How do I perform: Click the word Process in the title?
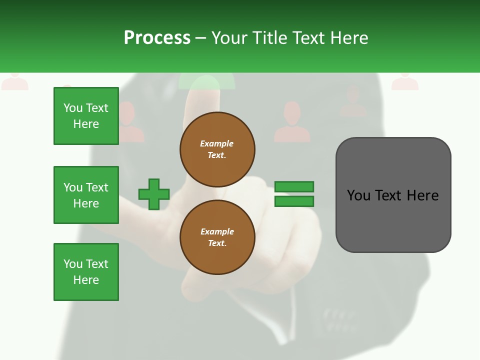(157, 38)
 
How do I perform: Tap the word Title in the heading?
(268, 38)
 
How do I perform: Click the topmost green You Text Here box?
(86, 116)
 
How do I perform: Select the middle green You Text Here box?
(86, 195)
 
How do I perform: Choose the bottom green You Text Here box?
(86, 272)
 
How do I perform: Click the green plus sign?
(154, 194)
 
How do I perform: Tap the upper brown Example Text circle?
(217, 149)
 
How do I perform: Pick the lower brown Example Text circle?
(217, 237)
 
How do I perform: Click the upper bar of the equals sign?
(294, 187)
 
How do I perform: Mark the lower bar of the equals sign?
(294, 201)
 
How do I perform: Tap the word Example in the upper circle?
(217, 143)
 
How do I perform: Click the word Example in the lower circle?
(217, 231)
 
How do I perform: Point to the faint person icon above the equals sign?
(291, 122)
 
